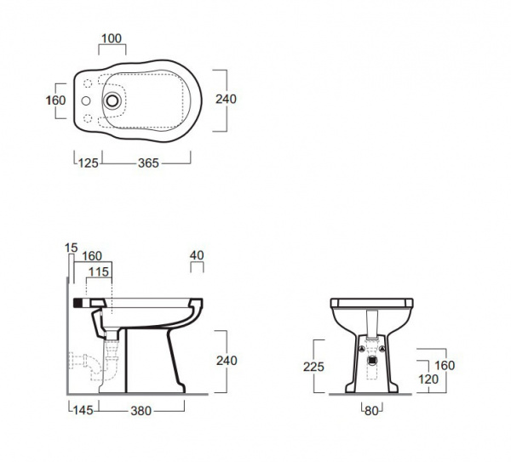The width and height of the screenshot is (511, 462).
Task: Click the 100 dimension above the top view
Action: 112,38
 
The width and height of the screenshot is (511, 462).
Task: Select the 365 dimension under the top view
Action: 148,163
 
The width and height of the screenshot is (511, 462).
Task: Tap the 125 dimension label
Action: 89,163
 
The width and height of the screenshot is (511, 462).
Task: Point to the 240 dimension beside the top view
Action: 226,99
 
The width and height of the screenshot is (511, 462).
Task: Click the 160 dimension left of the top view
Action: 56,100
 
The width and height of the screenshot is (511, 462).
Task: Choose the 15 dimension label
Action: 71,248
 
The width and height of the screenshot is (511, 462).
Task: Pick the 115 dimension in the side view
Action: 99,271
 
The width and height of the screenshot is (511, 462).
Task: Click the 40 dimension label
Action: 197,255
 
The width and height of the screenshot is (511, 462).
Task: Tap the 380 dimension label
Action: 141,411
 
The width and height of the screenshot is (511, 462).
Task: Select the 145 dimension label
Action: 83,410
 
